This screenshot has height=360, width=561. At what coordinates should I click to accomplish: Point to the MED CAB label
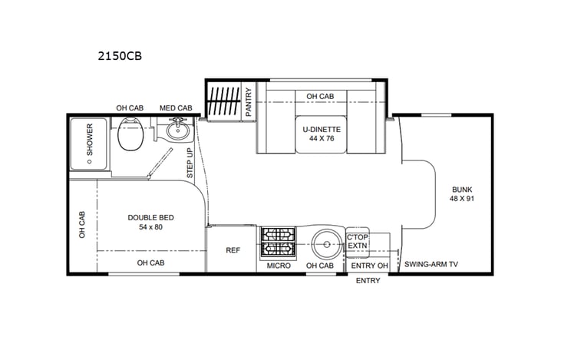(x=176, y=107)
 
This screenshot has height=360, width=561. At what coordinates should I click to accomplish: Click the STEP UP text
(x=190, y=163)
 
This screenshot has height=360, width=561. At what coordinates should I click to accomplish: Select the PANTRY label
(x=249, y=101)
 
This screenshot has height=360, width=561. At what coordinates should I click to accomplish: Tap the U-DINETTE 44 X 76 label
(x=321, y=134)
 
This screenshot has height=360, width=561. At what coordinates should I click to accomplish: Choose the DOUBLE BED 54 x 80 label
(x=150, y=222)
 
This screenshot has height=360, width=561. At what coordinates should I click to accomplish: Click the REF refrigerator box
(x=233, y=250)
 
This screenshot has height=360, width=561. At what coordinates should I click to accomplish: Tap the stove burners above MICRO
(x=276, y=243)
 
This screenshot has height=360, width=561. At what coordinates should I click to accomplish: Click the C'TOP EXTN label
(x=358, y=242)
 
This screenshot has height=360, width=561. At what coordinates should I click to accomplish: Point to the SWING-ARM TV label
(x=431, y=264)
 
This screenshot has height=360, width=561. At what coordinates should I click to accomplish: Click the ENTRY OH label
(x=368, y=266)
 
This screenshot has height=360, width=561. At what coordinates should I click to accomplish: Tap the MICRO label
(x=278, y=266)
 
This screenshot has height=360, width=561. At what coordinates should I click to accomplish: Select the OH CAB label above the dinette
(x=320, y=96)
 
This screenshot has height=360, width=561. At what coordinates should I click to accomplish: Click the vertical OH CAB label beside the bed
(x=82, y=224)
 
